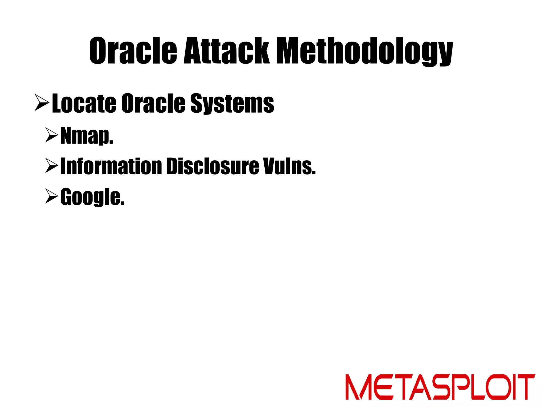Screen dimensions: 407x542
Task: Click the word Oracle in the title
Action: [133, 51]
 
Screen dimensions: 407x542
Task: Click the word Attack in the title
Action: [227, 51]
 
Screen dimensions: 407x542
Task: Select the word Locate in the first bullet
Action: [84, 103]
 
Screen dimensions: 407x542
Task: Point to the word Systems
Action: [232, 103]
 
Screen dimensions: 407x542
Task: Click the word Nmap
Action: [87, 136]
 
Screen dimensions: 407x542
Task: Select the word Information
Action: [111, 166]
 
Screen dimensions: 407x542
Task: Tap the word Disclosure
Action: [213, 166]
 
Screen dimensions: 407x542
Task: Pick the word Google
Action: [92, 197]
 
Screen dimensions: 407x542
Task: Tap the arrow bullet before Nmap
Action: [51, 135]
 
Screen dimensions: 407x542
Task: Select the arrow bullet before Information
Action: [51, 166]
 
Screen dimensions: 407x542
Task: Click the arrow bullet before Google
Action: [51, 196]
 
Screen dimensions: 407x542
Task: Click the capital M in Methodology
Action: [291, 51]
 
